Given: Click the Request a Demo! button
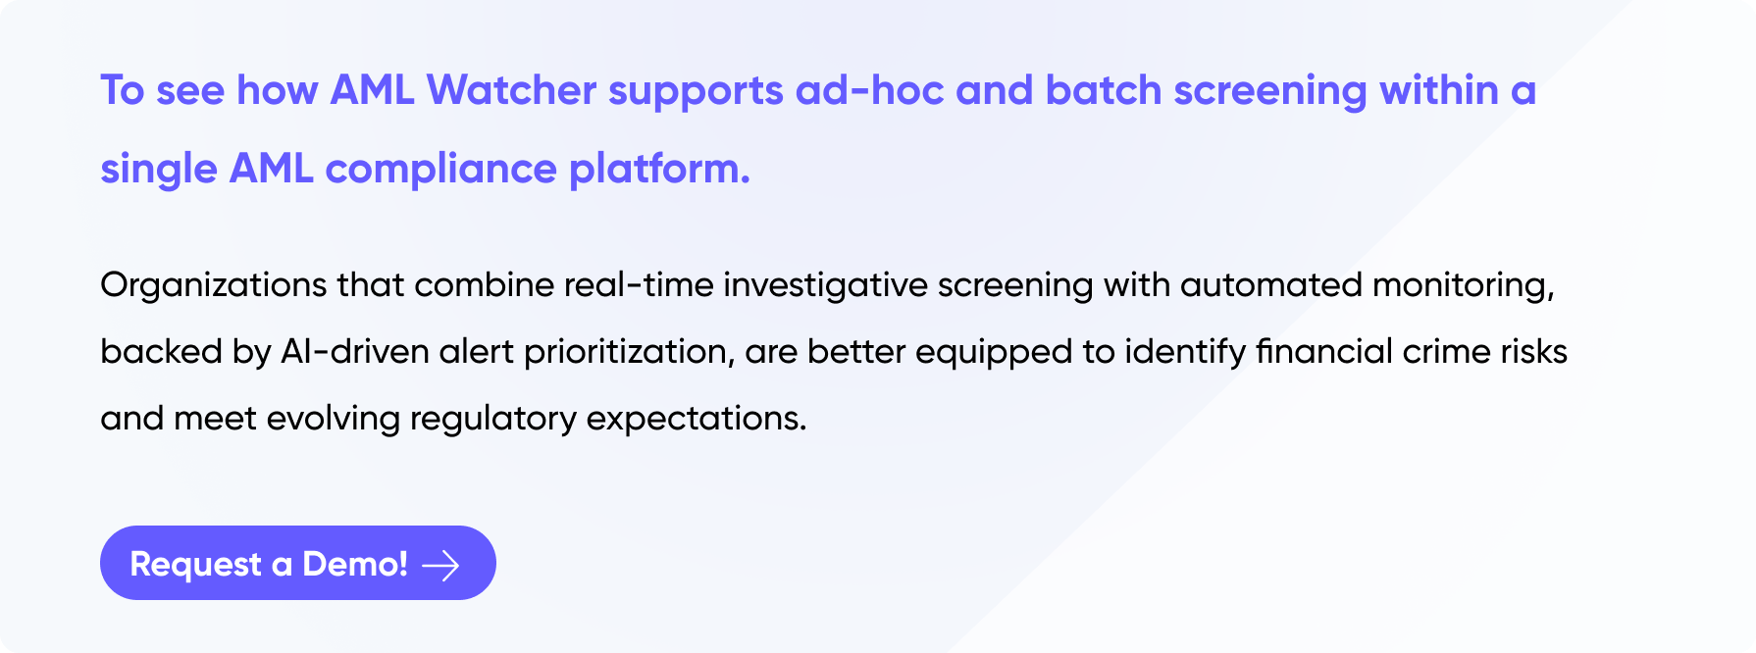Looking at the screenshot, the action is click(x=298, y=563).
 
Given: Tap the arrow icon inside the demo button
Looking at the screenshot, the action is click(x=440, y=565).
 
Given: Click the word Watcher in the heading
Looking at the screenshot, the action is click(x=511, y=90).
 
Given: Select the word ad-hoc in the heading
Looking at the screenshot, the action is click(x=870, y=90).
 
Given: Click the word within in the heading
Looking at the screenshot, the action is click(x=1439, y=90).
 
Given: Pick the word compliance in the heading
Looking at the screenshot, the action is click(x=441, y=169).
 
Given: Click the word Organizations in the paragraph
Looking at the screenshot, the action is click(x=214, y=285).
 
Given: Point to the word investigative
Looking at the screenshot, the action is click(x=826, y=285).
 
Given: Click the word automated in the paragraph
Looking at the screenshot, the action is click(x=1271, y=284).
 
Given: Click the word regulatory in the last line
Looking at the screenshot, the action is click(x=493, y=419).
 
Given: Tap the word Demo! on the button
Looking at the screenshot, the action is click(x=355, y=564).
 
